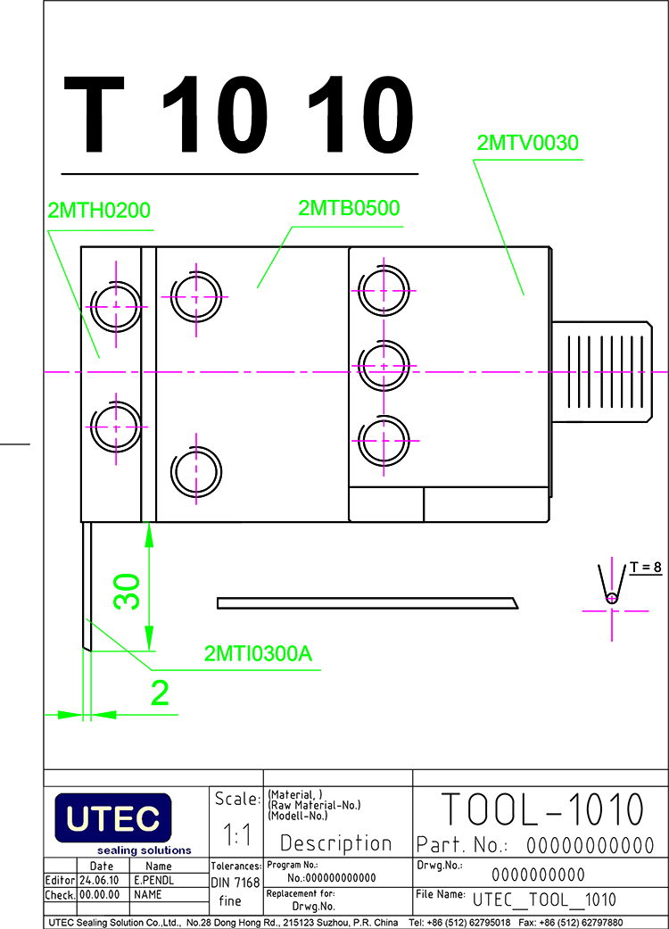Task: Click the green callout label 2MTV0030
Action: click(x=527, y=143)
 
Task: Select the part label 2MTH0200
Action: click(x=99, y=211)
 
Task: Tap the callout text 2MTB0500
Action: click(x=349, y=208)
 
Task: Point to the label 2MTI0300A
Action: click(x=258, y=653)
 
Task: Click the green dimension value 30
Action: click(x=128, y=591)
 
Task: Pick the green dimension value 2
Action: click(x=160, y=693)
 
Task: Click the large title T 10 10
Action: click(x=238, y=114)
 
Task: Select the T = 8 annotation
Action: click(x=645, y=567)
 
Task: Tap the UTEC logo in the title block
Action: click(x=113, y=818)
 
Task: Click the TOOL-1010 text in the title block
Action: click(x=542, y=809)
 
